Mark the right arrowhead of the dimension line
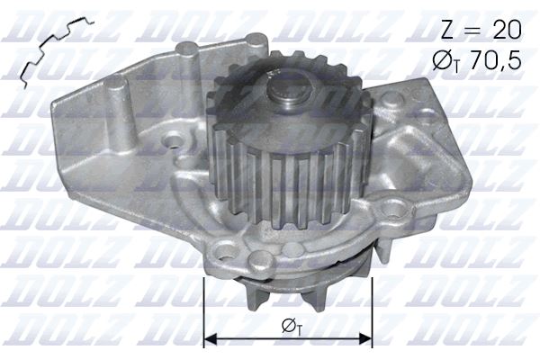coord(367,339)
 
